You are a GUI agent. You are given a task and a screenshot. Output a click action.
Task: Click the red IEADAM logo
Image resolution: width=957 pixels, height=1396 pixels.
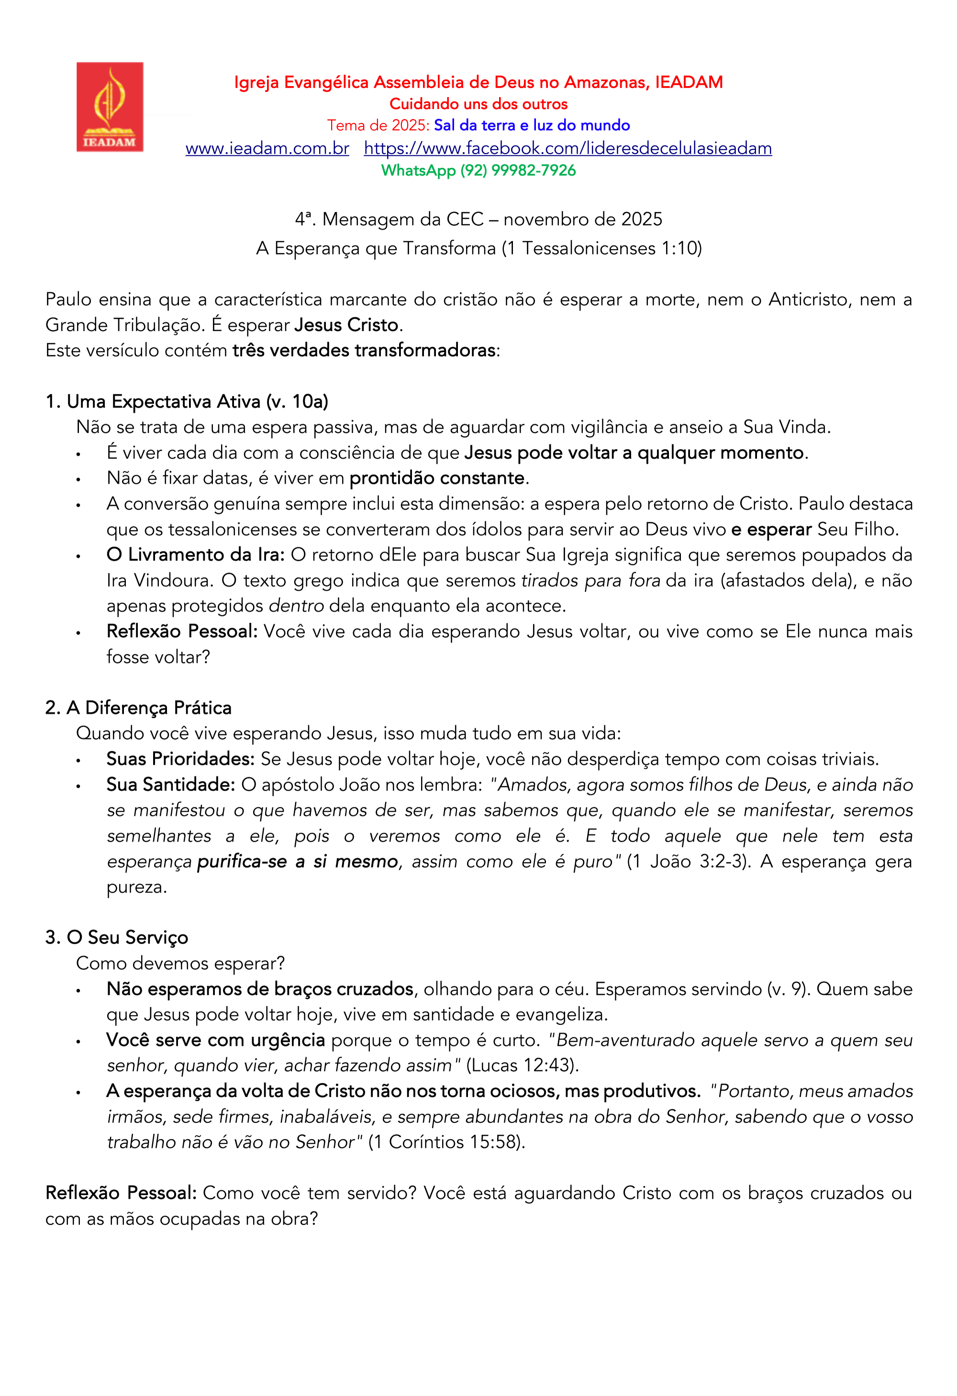pyautogui.click(x=110, y=107)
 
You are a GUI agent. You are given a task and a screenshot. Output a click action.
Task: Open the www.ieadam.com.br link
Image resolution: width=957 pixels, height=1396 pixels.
pyautogui.click(x=267, y=148)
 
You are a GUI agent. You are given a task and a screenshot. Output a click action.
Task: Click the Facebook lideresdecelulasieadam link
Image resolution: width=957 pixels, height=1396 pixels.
pyautogui.click(x=568, y=148)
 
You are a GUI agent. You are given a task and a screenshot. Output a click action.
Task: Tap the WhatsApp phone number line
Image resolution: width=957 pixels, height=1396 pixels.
pyautogui.click(x=478, y=171)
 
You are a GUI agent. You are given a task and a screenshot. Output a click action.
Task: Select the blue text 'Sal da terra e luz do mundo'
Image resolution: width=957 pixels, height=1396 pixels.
pyautogui.click(x=532, y=126)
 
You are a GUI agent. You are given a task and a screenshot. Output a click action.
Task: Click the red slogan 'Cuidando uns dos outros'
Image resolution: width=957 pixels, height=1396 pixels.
pyautogui.click(x=478, y=104)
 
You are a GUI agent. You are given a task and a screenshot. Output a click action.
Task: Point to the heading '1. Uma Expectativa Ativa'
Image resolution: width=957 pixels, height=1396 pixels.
pyautogui.click(x=187, y=401)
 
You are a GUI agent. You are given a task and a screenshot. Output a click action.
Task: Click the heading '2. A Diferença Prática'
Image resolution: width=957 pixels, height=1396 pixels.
pyautogui.click(x=138, y=708)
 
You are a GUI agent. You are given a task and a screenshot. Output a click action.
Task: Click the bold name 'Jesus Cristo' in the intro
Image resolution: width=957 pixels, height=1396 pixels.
pyautogui.click(x=346, y=325)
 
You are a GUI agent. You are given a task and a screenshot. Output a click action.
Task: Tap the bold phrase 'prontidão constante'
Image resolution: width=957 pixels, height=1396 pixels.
pyautogui.click(x=437, y=478)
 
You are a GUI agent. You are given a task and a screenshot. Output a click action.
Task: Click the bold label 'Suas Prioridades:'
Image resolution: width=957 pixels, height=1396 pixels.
pyautogui.click(x=180, y=758)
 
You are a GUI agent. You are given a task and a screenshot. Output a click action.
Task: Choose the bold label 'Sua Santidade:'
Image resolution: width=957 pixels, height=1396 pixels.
pyautogui.click(x=171, y=784)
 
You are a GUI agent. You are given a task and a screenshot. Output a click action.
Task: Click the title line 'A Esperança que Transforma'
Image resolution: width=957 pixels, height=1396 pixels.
pyautogui.click(x=478, y=248)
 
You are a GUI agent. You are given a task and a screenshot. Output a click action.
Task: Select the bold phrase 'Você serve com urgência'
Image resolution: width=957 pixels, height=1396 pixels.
pyautogui.click(x=215, y=1040)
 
